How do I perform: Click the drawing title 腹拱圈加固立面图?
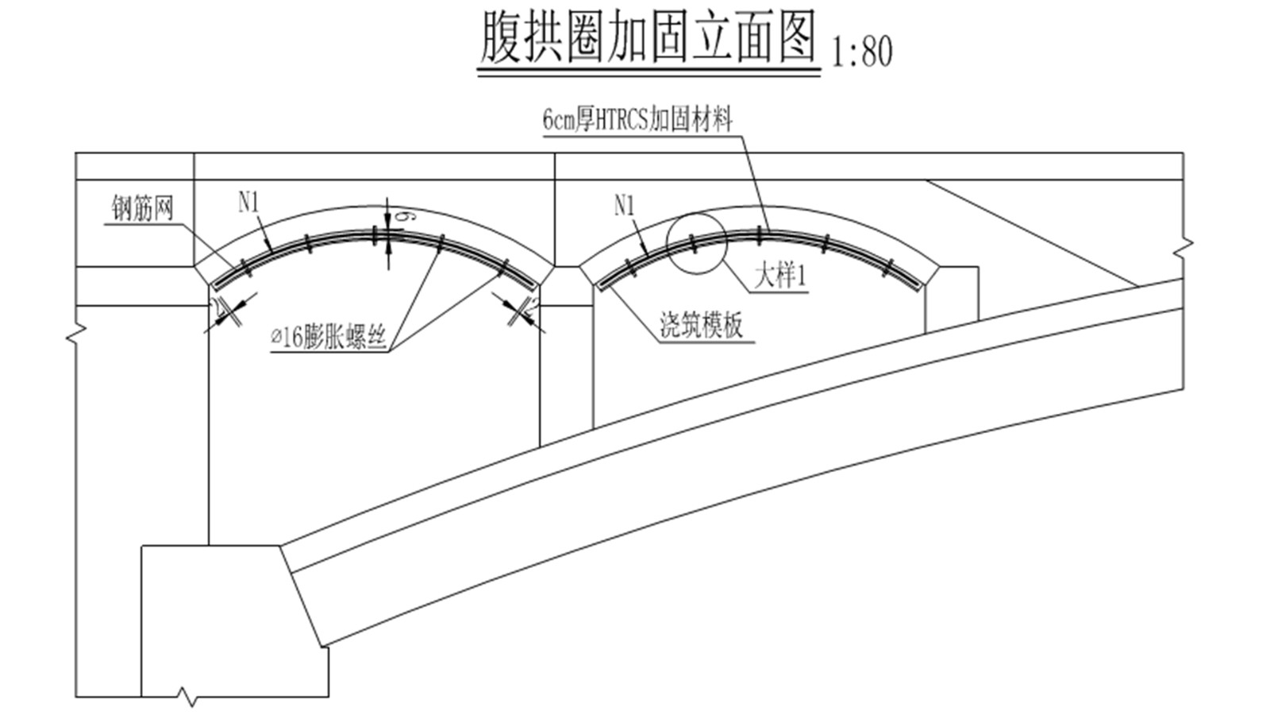(648, 38)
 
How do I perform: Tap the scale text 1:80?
(862, 52)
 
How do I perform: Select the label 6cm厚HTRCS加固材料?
(637, 121)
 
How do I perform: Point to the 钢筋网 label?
(142, 209)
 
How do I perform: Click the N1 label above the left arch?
(249, 203)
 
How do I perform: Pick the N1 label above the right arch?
(625, 207)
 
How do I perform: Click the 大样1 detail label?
(779, 277)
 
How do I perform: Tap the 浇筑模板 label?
(702, 325)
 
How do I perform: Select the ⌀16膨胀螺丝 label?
(329, 338)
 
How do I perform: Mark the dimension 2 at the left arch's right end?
(533, 304)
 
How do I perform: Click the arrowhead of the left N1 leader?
(272, 249)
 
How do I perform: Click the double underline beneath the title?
(648, 72)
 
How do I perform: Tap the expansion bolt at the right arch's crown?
(760, 234)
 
